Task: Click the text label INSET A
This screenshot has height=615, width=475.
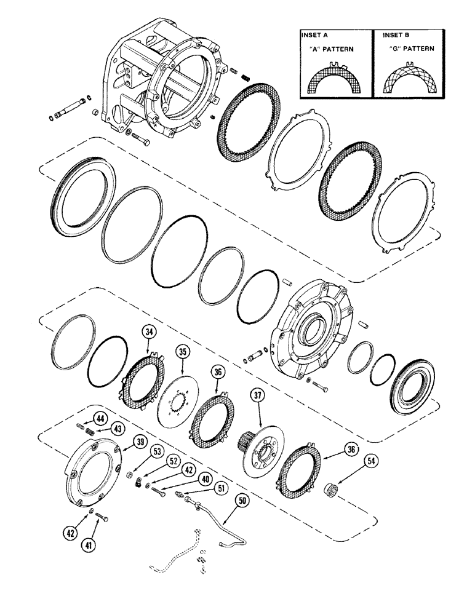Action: click(x=315, y=35)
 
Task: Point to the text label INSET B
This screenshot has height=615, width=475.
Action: click(x=391, y=35)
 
